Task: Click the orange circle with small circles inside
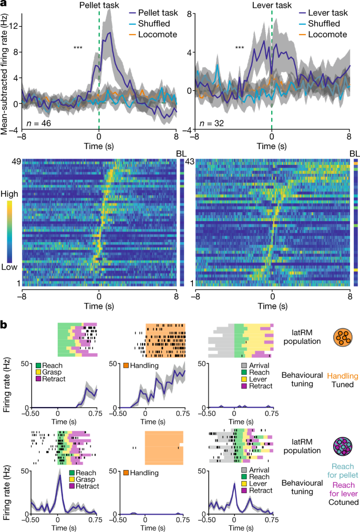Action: (x=343, y=337)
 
